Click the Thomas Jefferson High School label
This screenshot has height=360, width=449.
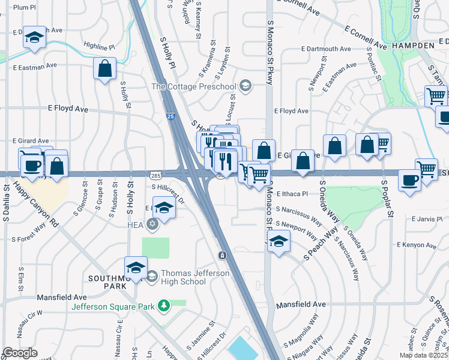coord(186,277)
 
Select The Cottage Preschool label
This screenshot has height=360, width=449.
coord(193,87)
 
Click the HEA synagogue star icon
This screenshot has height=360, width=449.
coord(152,224)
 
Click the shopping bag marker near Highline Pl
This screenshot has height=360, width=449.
coord(105,68)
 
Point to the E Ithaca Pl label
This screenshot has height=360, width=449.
coord(292,194)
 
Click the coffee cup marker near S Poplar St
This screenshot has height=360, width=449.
coord(410,180)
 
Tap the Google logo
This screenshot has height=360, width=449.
coord(19,353)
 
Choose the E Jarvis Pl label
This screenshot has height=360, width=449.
coord(431,220)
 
